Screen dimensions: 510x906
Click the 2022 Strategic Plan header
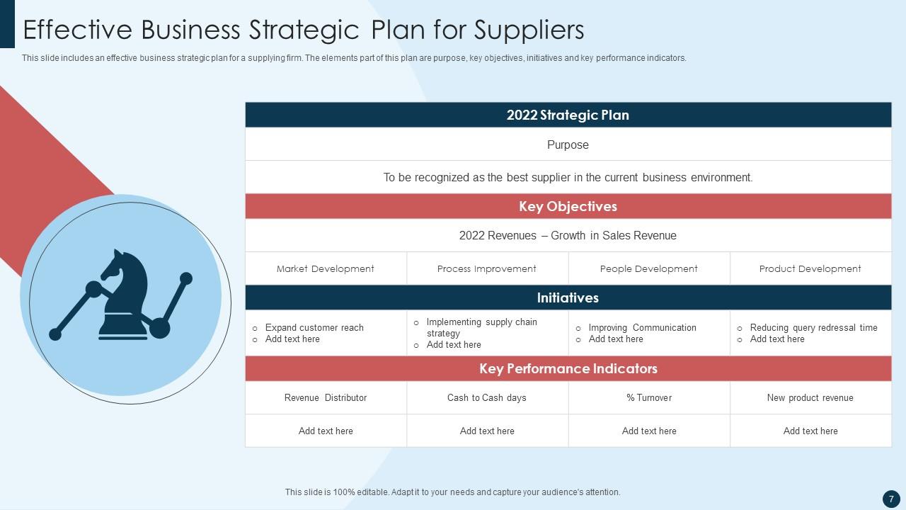(568, 115)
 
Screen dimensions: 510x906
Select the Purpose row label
(568, 144)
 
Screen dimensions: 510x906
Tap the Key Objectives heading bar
(568, 206)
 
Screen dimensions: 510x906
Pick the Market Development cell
(326, 268)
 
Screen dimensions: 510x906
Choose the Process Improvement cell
(487, 268)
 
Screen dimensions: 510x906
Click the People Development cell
(649, 268)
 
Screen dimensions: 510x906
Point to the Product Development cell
(810, 268)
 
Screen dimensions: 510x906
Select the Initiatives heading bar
(568, 297)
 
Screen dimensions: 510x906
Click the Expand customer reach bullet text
(314, 327)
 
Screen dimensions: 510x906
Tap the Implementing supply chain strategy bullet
(481, 327)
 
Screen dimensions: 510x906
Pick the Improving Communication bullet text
(643, 327)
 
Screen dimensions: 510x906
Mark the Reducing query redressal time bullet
(813, 327)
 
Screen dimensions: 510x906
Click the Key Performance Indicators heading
(568, 368)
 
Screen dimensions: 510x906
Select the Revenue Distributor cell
(326, 397)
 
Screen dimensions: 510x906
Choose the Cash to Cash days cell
(487, 397)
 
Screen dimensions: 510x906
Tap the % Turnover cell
(649, 397)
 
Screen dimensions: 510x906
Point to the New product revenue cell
(810, 397)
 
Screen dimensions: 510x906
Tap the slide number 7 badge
(891, 499)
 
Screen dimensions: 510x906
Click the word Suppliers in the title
(529, 30)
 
